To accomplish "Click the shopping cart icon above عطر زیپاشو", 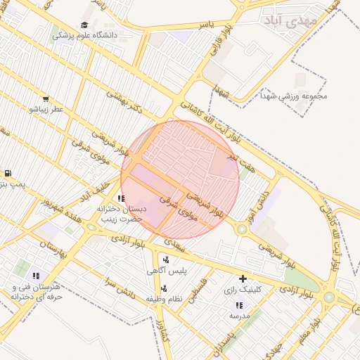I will click(46, 100).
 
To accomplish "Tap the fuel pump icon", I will click(7, 173).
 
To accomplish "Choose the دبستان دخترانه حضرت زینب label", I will click(120, 214).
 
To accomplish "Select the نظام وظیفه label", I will click(164, 299).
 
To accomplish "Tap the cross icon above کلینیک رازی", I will click(243, 278).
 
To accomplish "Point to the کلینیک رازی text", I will click(243, 289).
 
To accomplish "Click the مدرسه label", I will click(239, 316).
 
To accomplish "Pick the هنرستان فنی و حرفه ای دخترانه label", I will click(37, 292).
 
